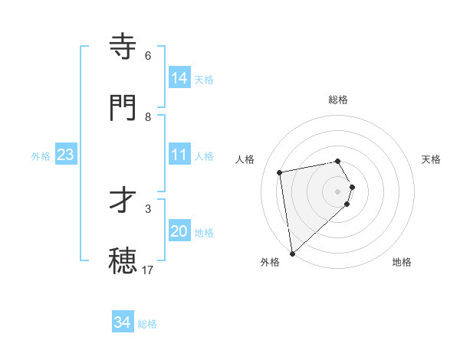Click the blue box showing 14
pos(179,78)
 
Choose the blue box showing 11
pos(179,155)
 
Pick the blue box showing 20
pos(179,231)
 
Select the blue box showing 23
pos(66,155)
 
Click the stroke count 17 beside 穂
pos(148,270)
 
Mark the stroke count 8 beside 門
pos(148,117)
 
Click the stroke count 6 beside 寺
pos(148,56)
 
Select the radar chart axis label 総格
pos(338,100)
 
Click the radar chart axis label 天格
pos(431,159)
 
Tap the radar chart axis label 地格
pos(402,262)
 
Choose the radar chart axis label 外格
pos(270,262)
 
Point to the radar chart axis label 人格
pos(245,159)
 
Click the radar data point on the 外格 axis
pos(292,253)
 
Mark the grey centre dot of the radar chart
pos(338,191)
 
